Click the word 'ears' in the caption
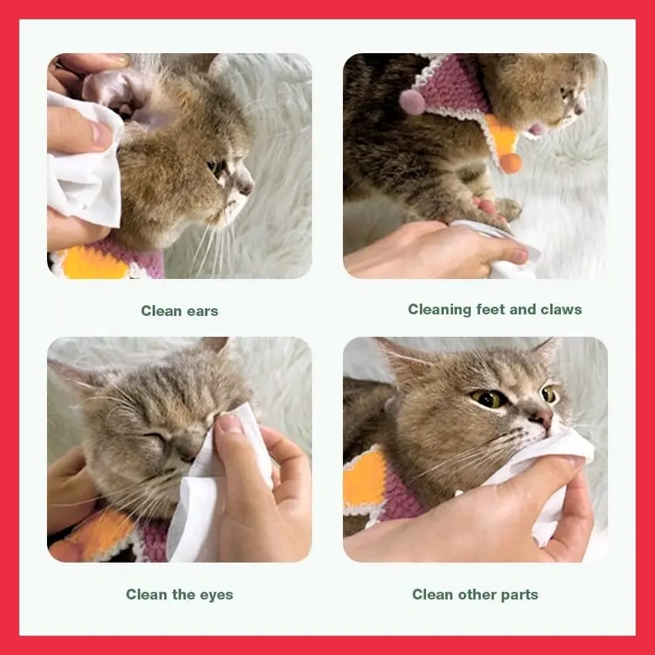point(202,311)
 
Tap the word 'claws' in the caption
point(561,309)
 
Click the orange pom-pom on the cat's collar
point(511,163)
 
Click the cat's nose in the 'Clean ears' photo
point(245,186)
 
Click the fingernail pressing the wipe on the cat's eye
point(228,423)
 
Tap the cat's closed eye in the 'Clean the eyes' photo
point(156,436)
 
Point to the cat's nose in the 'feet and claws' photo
point(579,109)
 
